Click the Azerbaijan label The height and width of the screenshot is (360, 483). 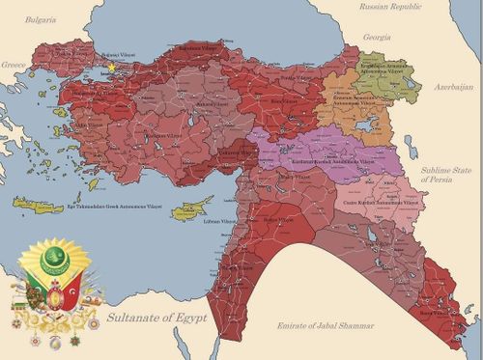coord(448,87)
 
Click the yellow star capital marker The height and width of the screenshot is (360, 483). coord(112,69)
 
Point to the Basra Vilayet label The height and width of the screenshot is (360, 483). coord(433,314)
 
